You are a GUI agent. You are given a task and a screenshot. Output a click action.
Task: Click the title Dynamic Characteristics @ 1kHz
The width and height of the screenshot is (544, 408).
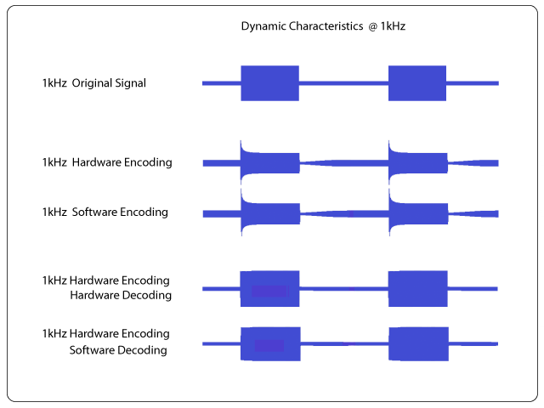[x=323, y=26]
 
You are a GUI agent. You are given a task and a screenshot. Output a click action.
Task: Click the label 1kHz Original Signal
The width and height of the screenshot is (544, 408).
[x=94, y=83]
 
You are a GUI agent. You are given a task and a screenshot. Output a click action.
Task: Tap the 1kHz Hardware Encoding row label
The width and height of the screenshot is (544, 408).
[x=107, y=162]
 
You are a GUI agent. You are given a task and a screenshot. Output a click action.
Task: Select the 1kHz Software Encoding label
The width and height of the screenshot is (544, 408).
[x=105, y=212]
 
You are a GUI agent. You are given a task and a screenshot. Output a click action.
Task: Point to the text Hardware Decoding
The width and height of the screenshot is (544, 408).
[x=121, y=295]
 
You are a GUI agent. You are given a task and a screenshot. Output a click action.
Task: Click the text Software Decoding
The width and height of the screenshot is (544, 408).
[x=118, y=350]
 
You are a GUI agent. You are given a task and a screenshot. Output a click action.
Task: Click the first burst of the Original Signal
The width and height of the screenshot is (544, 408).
[x=270, y=83]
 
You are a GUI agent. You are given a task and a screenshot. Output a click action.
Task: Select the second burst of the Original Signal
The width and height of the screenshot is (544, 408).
[x=417, y=83]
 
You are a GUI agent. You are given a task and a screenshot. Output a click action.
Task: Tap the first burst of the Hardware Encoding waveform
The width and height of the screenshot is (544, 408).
[x=270, y=162]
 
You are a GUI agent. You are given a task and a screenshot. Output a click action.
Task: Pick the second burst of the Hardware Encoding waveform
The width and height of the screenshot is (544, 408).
[x=418, y=162]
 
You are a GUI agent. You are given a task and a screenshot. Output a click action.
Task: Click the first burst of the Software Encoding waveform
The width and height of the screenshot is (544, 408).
[x=270, y=213]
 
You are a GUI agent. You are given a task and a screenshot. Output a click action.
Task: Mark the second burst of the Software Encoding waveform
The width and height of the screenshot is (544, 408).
[x=418, y=213]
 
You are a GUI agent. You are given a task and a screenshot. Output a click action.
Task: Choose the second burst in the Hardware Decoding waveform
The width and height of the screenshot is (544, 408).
[x=418, y=289]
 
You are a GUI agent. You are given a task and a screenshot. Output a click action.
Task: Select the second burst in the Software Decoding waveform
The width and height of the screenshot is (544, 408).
[x=419, y=343]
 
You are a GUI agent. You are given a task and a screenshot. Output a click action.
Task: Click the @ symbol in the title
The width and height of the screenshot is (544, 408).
[x=372, y=26]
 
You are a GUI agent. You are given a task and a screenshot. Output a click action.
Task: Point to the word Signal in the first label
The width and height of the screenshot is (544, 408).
[x=130, y=83]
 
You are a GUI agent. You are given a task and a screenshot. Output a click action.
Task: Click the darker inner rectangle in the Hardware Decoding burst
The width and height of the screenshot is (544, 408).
[x=269, y=291]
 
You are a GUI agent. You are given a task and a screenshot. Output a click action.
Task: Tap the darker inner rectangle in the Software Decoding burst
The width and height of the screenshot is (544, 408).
[x=269, y=346]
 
